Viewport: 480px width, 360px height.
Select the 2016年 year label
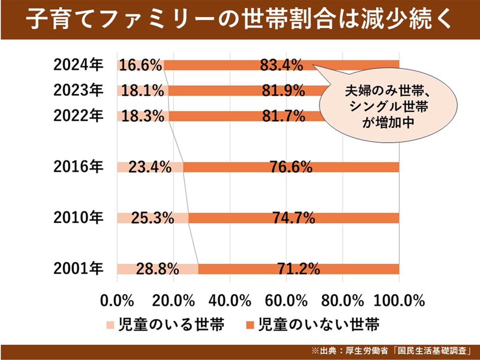tap(78, 167)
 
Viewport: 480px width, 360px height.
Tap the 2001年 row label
tap(78, 269)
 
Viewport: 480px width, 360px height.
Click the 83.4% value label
tap(281, 65)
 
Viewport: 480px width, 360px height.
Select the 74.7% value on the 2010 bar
tap(294, 218)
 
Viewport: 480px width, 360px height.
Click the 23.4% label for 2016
tap(150, 167)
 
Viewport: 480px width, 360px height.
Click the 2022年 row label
tap(78, 116)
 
